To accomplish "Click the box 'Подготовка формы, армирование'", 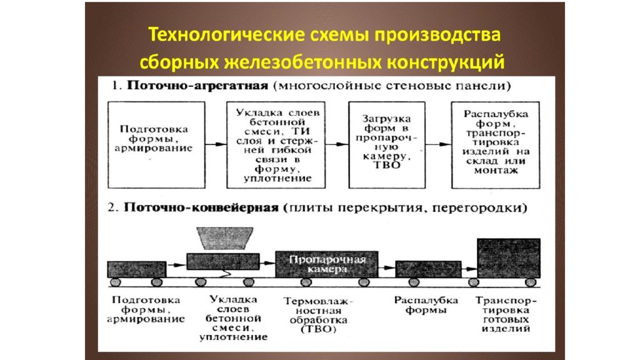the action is coord(156,145).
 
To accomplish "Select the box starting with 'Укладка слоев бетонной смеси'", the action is coord(276,145).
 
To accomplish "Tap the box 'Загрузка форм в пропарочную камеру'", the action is coord(387,145).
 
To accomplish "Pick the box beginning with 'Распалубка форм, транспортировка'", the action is coord(496,145).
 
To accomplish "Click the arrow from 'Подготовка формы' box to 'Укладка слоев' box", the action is coord(216,144).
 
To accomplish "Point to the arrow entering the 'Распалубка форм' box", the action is coord(438,144).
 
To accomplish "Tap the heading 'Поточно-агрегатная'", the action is coord(197,86).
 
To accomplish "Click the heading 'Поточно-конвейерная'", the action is coord(201,207).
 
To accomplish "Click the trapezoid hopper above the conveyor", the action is coord(225,238).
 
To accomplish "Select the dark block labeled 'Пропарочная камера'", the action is coord(326,264).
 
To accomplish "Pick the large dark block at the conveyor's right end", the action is coord(509,258).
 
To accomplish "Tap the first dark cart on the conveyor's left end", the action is coord(137,269).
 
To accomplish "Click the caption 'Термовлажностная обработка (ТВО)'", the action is coord(318,315).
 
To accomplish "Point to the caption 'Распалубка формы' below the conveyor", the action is coord(426,305).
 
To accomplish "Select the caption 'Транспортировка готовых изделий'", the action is coord(506,314).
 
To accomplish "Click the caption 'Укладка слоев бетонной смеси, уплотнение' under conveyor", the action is coord(234,318).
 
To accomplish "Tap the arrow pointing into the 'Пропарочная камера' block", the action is coord(267,263).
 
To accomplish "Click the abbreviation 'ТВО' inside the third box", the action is coord(386,166).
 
